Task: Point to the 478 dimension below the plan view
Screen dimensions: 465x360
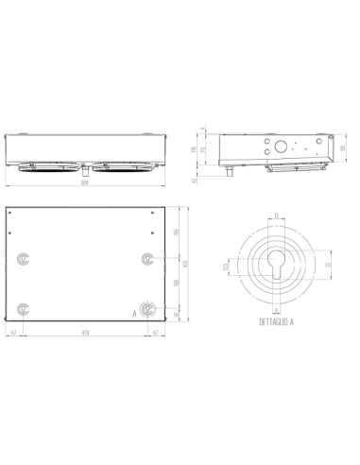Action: click(87, 334)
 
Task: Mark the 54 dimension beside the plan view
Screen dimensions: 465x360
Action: click(178, 313)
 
